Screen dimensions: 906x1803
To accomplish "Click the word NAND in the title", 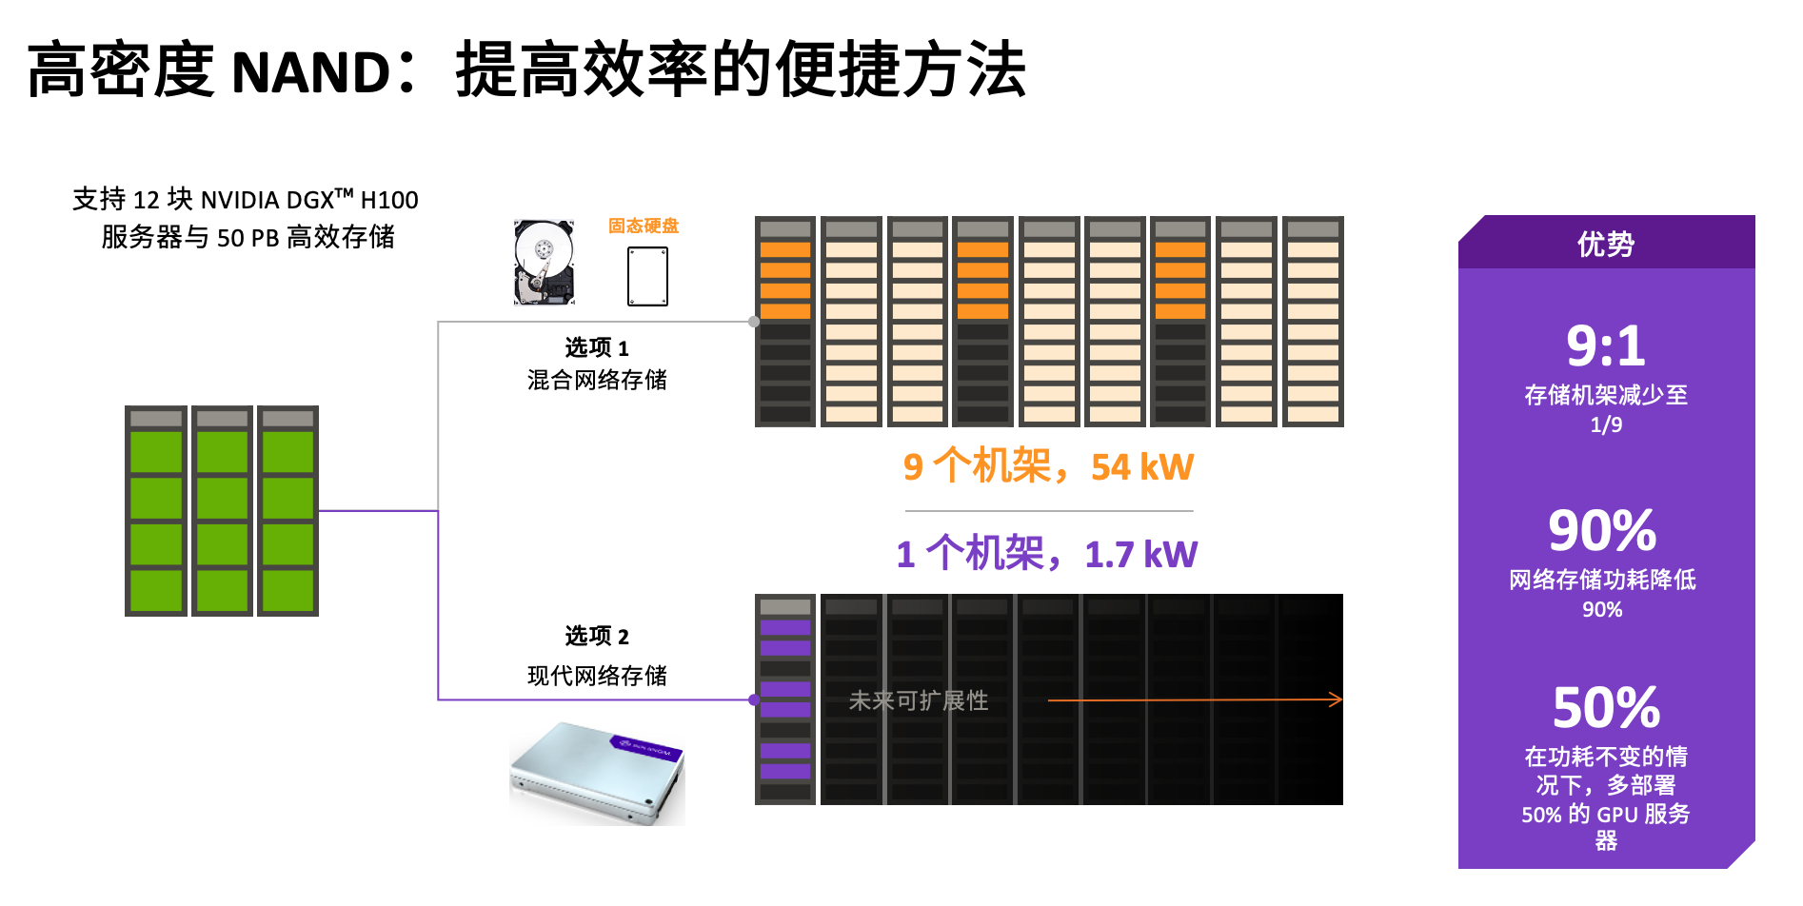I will pyautogui.click(x=310, y=72).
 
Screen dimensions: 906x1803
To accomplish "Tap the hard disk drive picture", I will pyautogui.click(x=544, y=262).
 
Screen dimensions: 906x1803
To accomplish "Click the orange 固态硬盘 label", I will pyautogui.click(x=644, y=226).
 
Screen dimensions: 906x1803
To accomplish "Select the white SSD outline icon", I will pyautogui.click(x=647, y=276).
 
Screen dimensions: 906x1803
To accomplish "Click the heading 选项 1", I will pyautogui.click(x=597, y=347).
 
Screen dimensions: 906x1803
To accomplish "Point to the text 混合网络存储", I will pyautogui.click(x=597, y=380).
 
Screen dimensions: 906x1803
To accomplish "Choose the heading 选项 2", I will pyautogui.click(x=597, y=636).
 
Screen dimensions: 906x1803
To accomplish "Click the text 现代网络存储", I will pyautogui.click(x=597, y=676).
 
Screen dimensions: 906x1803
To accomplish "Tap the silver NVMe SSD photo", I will pyautogui.click(x=598, y=773).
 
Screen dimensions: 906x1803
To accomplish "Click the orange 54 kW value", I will pyautogui.click(x=1141, y=467).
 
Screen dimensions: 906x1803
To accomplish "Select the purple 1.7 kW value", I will pyautogui.click(x=1140, y=555).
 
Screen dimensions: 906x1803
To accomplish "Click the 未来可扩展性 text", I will pyautogui.click(x=919, y=700).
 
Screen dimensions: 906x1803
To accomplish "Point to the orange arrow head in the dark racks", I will pyautogui.click(x=1337, y=699).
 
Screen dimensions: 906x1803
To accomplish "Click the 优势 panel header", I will pyautogui.click(x=1606, y=244).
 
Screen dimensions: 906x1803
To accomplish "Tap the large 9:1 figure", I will pyautogui.click(x=1606, y=345).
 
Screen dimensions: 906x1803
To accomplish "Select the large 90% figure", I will pyautogui.click(x=1602, y=530).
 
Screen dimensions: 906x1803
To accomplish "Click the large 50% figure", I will pyautogui.click(x=1606, y=707).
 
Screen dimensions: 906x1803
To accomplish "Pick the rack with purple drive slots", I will pyautogui.click(x=785, y=699).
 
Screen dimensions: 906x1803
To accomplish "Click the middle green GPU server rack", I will pyautogui.click(x=222, y=511).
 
